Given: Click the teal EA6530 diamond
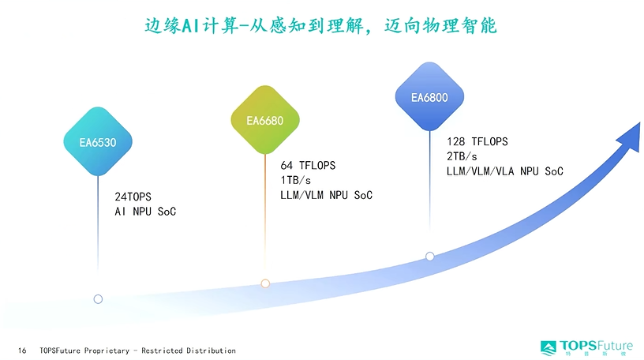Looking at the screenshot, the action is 98,141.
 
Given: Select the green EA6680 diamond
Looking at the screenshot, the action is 265,119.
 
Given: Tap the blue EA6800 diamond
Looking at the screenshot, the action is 429,96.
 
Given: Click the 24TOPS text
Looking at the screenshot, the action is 133,197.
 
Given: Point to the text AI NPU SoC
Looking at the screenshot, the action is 145,212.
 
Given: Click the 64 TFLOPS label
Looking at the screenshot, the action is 308,166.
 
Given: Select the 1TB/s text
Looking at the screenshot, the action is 296,181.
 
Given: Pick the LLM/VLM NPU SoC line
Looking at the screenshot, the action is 327,195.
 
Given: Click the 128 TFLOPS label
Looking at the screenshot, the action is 477,142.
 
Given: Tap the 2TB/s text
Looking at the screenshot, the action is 462,156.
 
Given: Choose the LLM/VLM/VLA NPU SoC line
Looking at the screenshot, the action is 505,171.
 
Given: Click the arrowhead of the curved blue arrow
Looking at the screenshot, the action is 631,137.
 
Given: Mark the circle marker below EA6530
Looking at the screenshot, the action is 98,299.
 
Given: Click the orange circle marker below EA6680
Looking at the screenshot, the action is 265,283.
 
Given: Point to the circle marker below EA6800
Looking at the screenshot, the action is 430,257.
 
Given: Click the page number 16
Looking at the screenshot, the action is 22,351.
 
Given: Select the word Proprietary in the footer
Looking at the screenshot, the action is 107,351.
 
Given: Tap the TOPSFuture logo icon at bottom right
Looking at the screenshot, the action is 549,348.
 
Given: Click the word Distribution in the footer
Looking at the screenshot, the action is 211,351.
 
